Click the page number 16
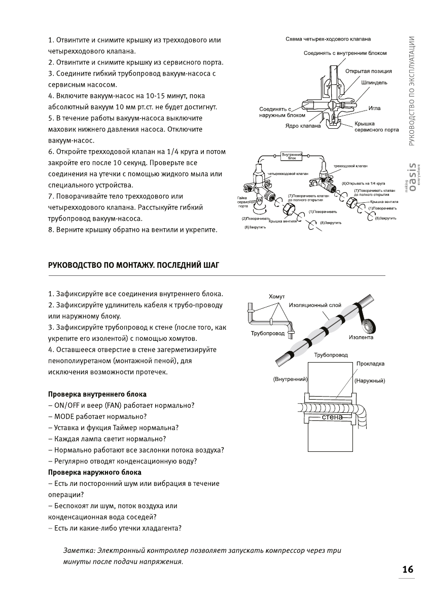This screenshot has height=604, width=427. pos(408,569)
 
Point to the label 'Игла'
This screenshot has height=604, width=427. pos(374,108)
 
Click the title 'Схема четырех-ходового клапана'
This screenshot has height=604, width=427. pos(328,39)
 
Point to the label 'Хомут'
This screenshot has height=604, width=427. pos(276,296)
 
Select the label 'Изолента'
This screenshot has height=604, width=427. pos(361,337)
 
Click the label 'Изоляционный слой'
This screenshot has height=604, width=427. pos(314,306)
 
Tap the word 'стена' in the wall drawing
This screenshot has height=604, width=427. pos(332,417)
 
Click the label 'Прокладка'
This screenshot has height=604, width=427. pos(370,364)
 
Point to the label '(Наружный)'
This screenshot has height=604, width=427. pos(370,380)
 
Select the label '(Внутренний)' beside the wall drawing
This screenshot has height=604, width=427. pos(291,379)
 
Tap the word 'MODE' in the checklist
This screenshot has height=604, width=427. pos(64,416)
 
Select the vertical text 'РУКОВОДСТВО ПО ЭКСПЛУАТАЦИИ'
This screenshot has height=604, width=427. pos(412,91)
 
